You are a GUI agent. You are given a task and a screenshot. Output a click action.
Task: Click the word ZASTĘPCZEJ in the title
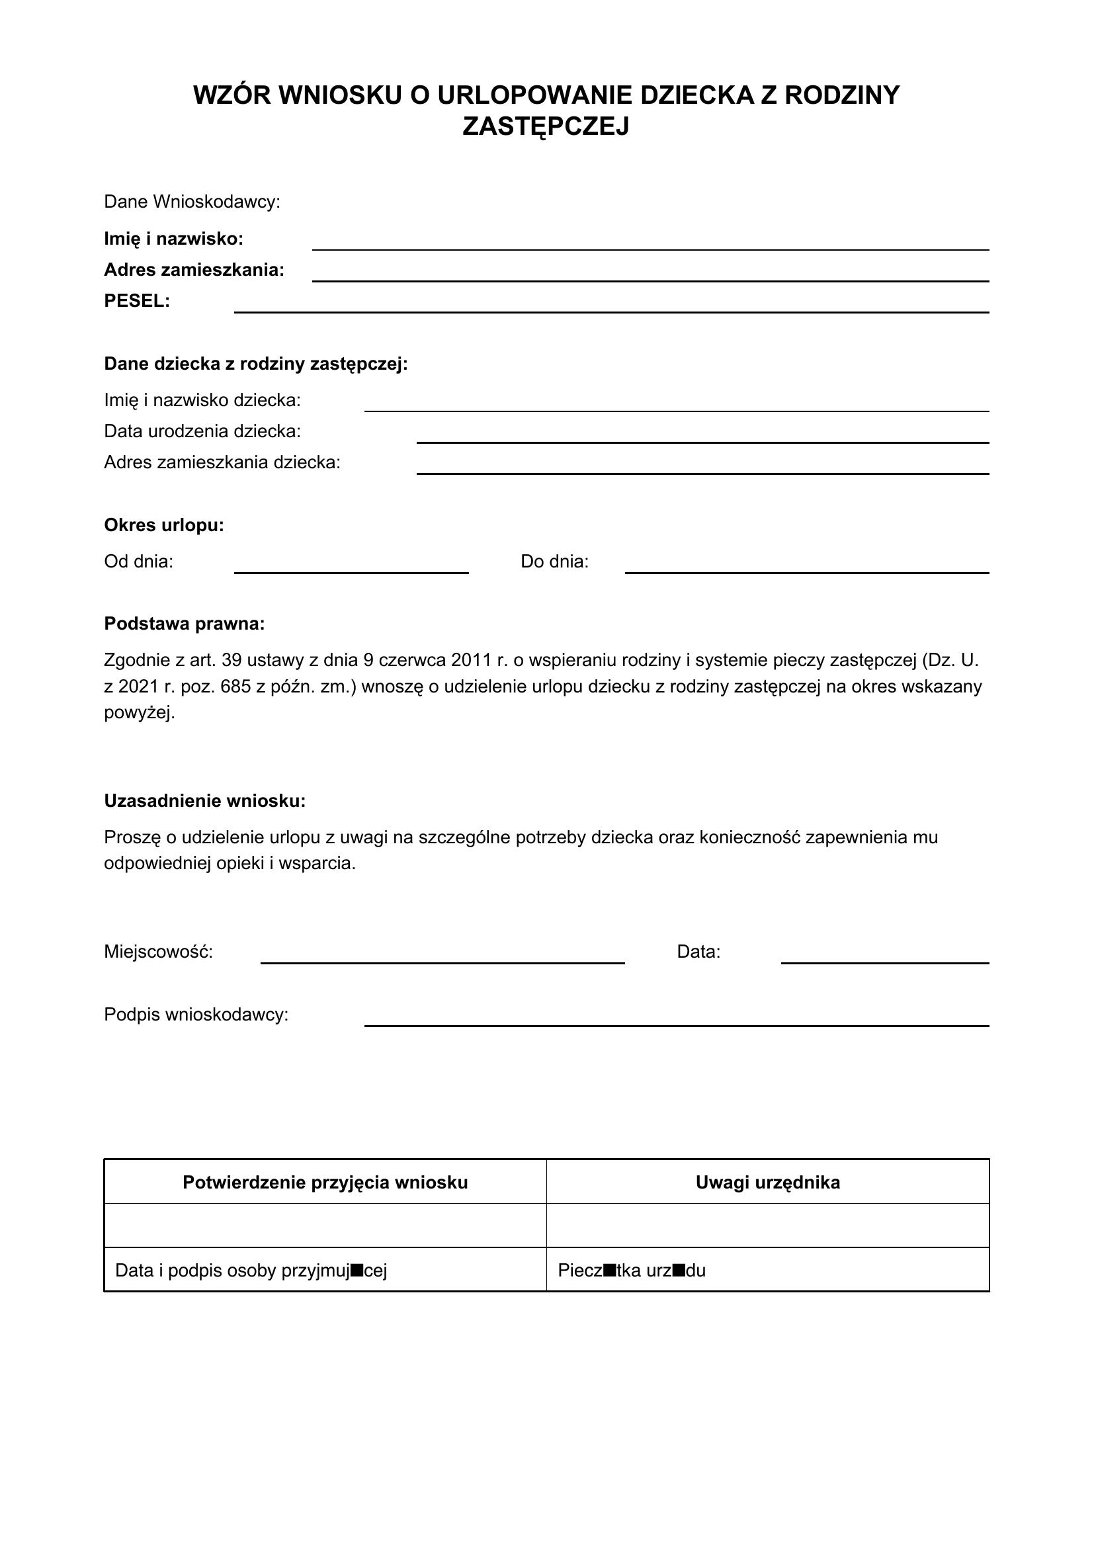tap(546, 127)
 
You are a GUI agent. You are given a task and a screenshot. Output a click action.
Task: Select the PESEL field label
tap(137, 301)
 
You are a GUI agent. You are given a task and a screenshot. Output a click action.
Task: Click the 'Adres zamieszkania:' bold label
tap(194, 271)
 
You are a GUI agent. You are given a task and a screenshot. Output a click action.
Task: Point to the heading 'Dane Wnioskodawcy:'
tap(192, 202)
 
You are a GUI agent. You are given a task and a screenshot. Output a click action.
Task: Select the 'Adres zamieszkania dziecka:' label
tap(222, 462)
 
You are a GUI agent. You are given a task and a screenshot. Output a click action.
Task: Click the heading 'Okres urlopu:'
tap(163, 525)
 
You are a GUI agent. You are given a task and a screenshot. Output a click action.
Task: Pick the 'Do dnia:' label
tap(554, 562)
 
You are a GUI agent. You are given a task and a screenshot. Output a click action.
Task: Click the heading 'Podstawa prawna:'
tap(185, 624)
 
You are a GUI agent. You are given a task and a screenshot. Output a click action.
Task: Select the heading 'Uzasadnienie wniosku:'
tap(205, 801)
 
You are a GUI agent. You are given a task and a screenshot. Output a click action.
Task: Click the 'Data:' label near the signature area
tap(698, 952)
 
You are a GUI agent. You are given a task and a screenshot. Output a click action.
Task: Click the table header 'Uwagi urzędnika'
tap(768, 1183)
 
